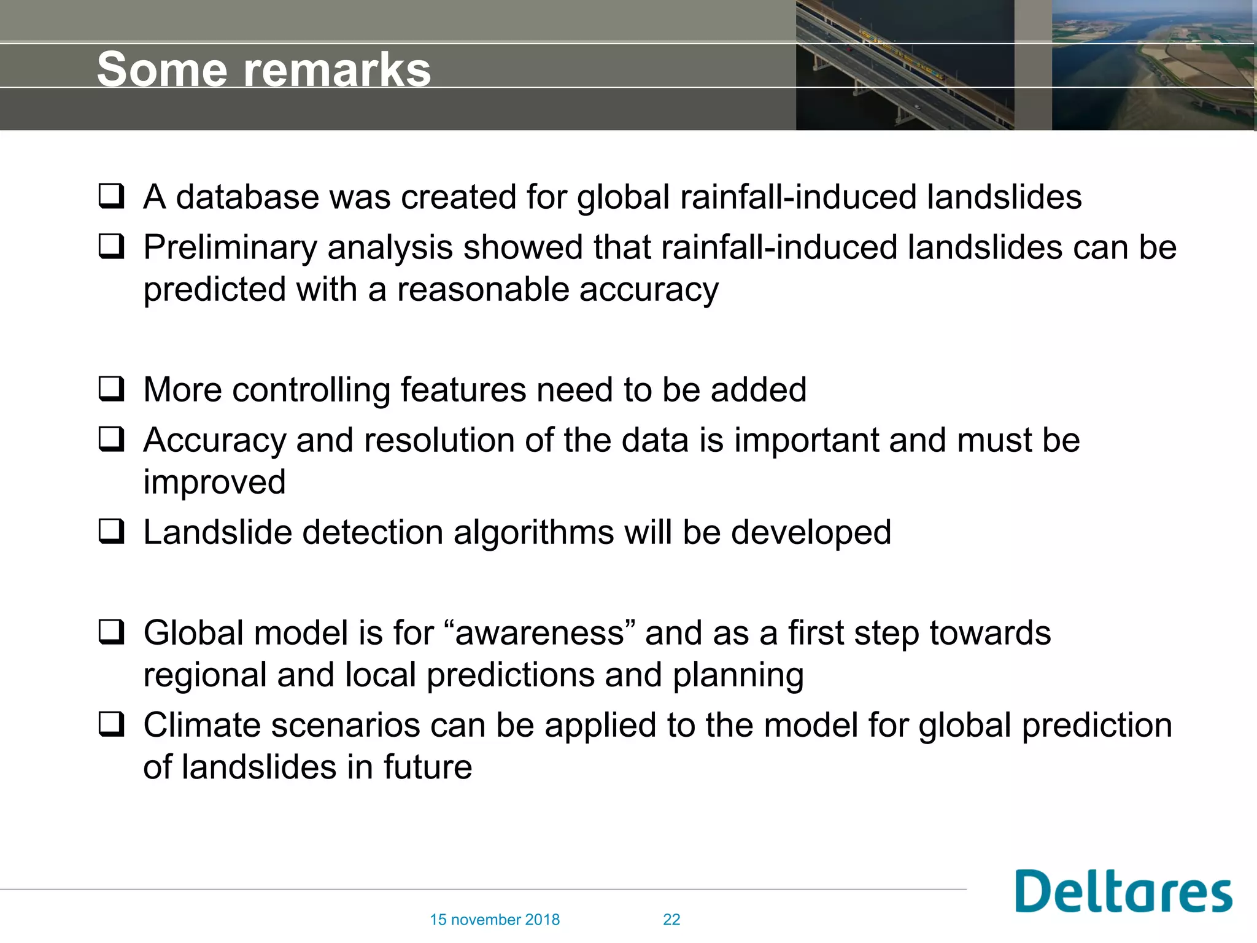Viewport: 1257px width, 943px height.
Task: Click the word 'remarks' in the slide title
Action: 337,69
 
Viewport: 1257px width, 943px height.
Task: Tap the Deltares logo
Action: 1123,891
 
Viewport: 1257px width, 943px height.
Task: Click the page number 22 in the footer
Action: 671,920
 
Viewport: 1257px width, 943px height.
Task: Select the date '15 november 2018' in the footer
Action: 495,920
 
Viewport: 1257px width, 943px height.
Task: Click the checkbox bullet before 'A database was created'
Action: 112,196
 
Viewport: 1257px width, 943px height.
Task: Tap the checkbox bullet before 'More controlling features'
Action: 112,389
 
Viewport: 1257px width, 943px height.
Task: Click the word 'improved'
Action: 214,483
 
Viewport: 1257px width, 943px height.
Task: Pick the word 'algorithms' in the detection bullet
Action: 533,532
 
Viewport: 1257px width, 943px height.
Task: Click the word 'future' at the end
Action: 428,767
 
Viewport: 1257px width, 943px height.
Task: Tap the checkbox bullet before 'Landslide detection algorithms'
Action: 112,532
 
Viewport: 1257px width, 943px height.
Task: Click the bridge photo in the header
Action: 904,64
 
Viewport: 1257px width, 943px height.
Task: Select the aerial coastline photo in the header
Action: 1153,64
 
